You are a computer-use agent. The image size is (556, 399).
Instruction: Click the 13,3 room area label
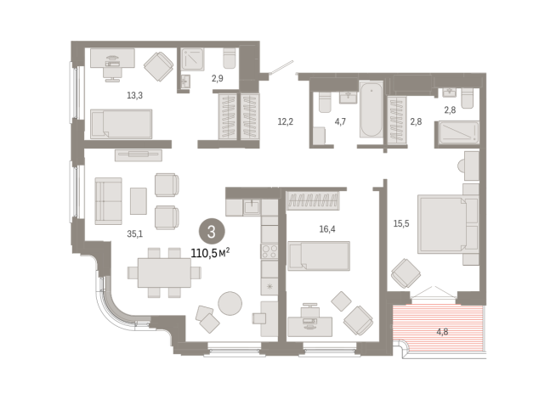pyautogui.click(x=134, y=95)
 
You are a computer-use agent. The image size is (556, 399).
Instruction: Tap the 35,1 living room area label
pyautogui.click(x=134, y=233)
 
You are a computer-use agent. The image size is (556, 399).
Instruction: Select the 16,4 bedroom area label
pyautogui.click(x=327, y=229)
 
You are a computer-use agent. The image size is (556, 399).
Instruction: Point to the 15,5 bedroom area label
pyautogui.click(x=401, y=223)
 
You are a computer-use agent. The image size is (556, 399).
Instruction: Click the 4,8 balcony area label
pyautogui.click(x=442, y=332)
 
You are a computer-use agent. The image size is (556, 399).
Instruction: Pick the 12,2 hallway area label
pyautogui.click(x=285, y=121)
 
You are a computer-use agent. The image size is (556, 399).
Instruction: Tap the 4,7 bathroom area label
pyautogui.click(x=340, y=121)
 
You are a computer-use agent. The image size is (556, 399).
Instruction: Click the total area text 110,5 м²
pyautogui.click(x=210, y=253)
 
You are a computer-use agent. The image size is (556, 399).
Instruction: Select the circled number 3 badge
pyautogui.click(x=212, y=232)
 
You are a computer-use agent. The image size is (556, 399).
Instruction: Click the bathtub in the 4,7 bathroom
pyautogui.click(x=372, y=109)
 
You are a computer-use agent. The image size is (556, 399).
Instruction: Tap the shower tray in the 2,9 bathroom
pyautogui.click(x=193, y=59)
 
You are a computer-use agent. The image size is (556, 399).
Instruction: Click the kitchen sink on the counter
pyautogui.click(x=252, y=207)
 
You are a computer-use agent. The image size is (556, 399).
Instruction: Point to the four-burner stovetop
pyautogui.click(x=269, y=251)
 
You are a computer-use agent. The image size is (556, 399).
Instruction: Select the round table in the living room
pyautogui.click(x=230, y=303)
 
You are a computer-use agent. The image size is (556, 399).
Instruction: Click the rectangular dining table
pyautogui.click(x=165, y=273)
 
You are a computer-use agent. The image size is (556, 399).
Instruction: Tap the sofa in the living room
pyautogui.click(x=109, y=201)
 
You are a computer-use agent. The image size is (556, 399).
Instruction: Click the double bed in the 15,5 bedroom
pyautogui.click(x=448, y=224)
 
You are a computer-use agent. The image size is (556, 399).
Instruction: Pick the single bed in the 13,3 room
pyautogui.click(x=122, y=124)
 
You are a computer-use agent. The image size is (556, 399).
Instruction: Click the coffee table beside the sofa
pyautogui.click(x=139, y=201)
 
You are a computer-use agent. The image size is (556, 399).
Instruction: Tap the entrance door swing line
pyautogui.click(x=282, y=67)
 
